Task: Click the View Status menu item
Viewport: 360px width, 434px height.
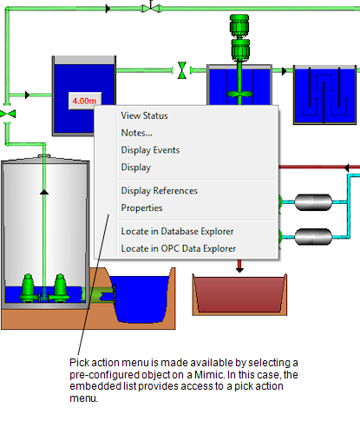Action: coord(144,115)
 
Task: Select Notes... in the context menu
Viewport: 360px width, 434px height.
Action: coord(136,133)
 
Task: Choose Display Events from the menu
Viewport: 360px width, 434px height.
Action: coord(150,150)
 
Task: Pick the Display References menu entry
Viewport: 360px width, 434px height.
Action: coord(160,191)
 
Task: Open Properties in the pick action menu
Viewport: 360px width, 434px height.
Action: coord(141,208)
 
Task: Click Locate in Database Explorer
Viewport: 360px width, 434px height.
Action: coord(177,231)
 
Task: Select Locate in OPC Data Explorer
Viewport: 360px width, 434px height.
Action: coord(179,248)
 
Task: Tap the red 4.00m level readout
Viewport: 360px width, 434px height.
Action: coord(85,101)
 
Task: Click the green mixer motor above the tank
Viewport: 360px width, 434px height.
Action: coord(239,37)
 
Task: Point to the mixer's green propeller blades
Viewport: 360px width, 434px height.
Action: coord(239,94)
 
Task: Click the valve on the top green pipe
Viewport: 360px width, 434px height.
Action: coord(151,8)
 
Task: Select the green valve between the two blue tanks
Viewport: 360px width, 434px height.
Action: coord(182,70)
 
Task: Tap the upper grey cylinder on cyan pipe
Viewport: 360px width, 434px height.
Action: coord(313,202)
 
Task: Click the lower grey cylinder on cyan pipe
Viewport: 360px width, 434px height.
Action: coord(313,237)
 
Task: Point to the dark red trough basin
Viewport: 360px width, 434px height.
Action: coord(239,294)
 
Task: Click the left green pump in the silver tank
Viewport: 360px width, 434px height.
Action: coord(28,288)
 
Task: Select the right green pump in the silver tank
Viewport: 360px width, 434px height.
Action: coord(60,288)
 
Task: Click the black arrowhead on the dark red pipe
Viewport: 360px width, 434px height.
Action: coord(347,168)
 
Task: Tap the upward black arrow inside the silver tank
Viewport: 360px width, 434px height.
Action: coord(44,192)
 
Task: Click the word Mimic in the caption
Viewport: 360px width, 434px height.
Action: coord(209,375)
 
